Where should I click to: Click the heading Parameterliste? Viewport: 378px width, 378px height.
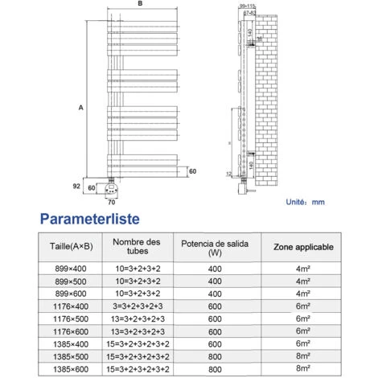click(x=89, y=219)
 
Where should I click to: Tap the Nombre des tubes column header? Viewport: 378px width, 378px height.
click(x=137, y=246)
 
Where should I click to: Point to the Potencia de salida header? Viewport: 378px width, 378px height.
click(x=215, y=246)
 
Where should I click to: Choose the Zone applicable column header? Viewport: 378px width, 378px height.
click(x=303, y=247)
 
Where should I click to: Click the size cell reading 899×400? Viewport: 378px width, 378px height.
click(x=71, y=269)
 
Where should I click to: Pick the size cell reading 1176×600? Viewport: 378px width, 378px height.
click(x=71, y=331)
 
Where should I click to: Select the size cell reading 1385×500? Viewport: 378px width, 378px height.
click(x=71, y=356)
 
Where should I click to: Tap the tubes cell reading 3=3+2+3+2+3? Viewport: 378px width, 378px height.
click(x=140, y=306)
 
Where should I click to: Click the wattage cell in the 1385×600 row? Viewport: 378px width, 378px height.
click(x=214, y=369)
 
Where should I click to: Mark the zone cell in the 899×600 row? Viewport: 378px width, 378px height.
click(x=303, y=294)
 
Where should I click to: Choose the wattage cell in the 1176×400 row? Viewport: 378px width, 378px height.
click(x=214, y=306)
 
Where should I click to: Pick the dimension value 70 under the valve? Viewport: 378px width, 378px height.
click(x=112, y=201)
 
